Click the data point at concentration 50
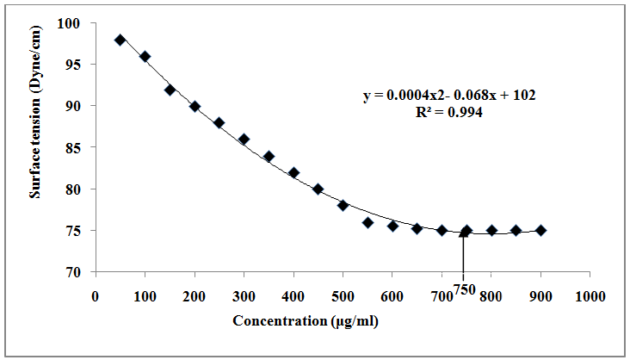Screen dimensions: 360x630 [x=120, y=40]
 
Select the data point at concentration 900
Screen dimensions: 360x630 [x=541, y=230]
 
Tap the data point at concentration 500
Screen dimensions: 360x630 [x=343, y=205]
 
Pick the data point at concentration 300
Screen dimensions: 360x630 [x=244, y=139]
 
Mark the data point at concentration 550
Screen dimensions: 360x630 [x=367, y=222]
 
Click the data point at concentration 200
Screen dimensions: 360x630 [x=195, y=106]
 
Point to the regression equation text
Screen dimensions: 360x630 [x=449, y=95]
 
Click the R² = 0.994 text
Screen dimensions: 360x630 [x=448, y=111]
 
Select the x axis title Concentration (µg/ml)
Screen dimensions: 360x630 [x=306, y=321]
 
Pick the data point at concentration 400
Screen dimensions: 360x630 [x=293, y=172]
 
